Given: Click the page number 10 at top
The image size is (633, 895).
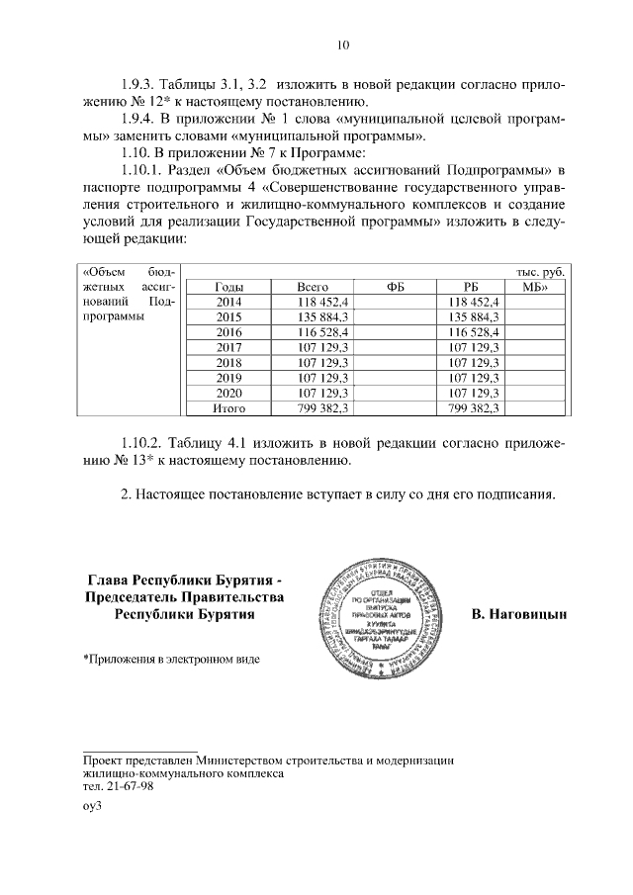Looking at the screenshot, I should click(342, 45).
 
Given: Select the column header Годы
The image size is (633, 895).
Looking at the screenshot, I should click(228, 287).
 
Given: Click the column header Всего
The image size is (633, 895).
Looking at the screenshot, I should click(313, 287).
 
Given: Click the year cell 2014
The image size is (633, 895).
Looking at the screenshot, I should click(228, 302).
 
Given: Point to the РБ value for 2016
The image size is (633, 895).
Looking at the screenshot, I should click(474, 332).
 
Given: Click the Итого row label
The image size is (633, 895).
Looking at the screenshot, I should click(228, 407).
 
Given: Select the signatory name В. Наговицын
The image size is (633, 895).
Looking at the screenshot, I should click(519, 614).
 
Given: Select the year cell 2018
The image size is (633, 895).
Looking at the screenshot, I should click(228, 362).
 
